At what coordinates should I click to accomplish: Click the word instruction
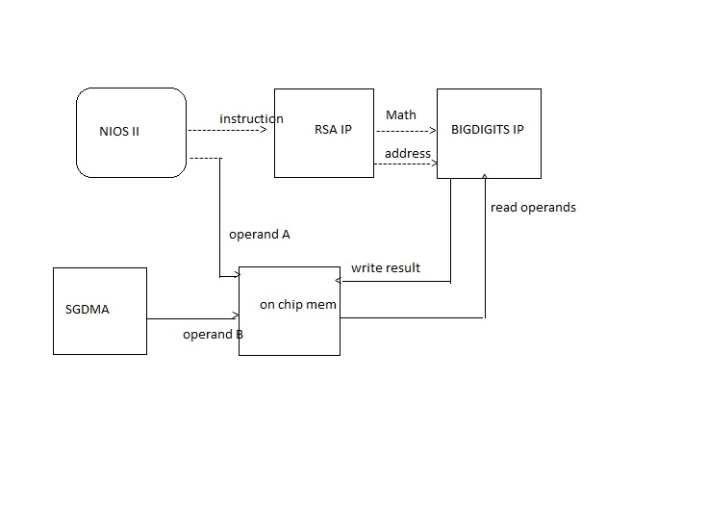251,118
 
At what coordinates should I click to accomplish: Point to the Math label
401,114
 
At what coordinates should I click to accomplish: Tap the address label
408,153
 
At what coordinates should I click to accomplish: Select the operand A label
260,234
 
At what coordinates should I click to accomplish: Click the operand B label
213,335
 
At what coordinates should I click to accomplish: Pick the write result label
386,267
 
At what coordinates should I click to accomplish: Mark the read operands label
533,207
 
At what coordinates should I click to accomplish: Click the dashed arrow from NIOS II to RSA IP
227,129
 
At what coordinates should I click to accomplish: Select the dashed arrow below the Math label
404,129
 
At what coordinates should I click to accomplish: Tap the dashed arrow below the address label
404,164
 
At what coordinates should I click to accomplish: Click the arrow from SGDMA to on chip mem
192,317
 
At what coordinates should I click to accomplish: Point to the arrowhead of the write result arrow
338,281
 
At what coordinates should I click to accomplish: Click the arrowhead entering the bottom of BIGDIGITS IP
485,177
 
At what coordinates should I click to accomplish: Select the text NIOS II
119,131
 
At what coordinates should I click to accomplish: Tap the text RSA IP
333,130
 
